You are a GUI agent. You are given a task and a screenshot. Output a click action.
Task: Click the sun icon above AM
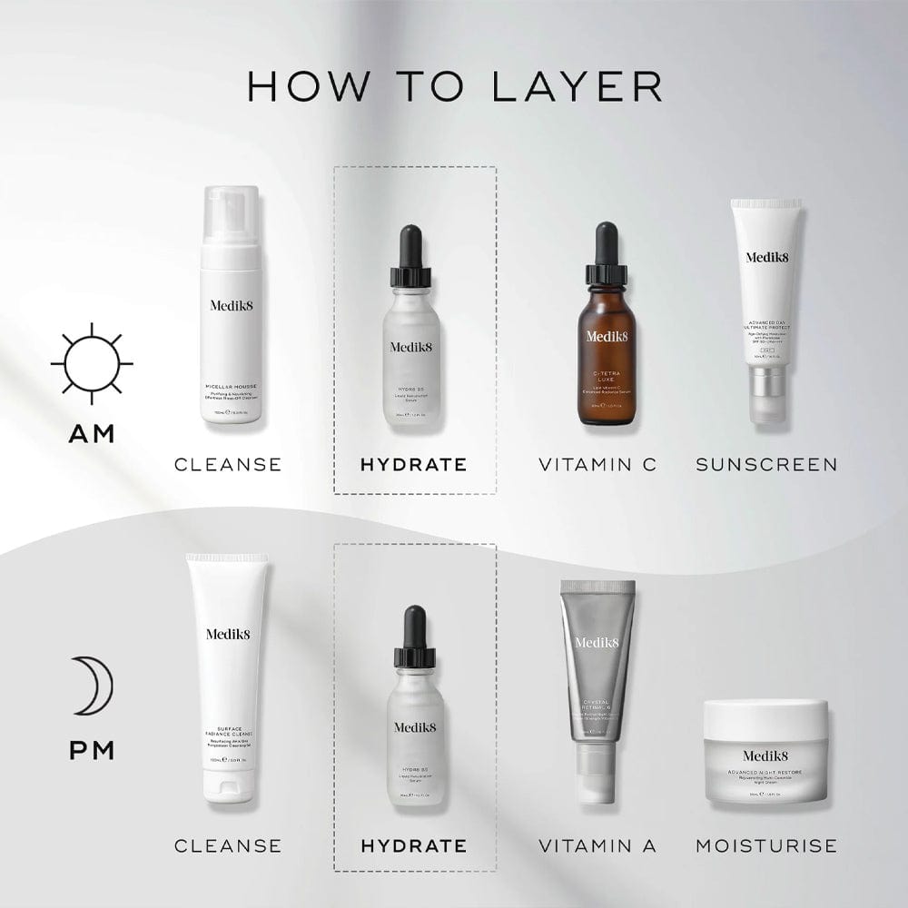[x=92, y=363]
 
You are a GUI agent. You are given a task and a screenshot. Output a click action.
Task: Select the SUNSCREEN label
[x=766, y=465]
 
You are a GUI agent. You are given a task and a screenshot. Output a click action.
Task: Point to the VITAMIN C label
[x=597, y=465]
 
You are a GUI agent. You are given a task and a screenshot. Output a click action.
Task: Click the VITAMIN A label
[x=597, y=846]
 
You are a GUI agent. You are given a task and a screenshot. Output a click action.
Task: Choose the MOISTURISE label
[x=766, y=846]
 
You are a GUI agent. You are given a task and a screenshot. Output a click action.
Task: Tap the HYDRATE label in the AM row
[x=413, y=465]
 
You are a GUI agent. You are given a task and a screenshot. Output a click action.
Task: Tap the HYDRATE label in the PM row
[x=413, y=846]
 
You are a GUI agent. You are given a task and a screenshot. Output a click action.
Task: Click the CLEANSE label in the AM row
[x=228, y=465]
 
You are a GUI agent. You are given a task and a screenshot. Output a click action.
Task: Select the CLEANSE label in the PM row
[x=228, y=846]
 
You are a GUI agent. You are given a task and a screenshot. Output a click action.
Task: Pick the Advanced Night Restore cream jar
[x=765, y=752]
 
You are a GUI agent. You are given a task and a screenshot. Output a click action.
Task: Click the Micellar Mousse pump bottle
[x=231, y=309]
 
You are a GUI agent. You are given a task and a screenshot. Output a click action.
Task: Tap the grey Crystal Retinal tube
[x=596, y=672]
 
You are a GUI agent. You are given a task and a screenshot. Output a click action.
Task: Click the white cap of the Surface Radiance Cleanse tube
[x=227, y=785]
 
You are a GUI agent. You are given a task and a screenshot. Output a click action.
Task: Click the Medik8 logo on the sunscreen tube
[x=767, y=257]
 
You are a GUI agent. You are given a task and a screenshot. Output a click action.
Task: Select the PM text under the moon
[x=92, y=752]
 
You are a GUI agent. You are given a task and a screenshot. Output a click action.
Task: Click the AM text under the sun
[x=92, y=433]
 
